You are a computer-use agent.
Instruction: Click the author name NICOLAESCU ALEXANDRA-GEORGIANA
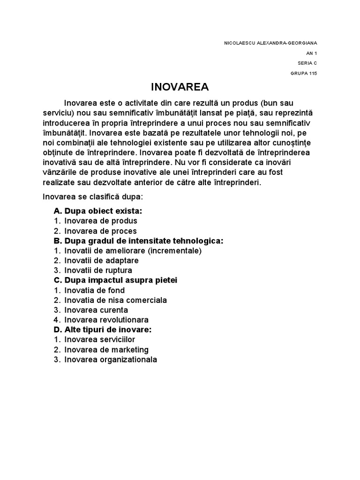tap(270, 43)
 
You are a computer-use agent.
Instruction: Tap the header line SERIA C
tap(307, 63)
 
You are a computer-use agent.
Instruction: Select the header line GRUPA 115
tap(304, 73)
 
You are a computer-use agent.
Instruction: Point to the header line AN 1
tap(312, 53)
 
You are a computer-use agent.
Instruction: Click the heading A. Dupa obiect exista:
tap(98, 211)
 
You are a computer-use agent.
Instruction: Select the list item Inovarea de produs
tap(101, 221)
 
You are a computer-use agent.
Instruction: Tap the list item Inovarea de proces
tap(101, 231)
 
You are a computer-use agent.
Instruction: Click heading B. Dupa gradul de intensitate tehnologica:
tap(139, 240)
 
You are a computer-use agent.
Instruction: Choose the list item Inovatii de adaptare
tap(102, 261)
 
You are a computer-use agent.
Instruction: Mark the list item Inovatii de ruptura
tap(98, 270)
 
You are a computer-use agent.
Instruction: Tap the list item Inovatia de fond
tap(95, 291)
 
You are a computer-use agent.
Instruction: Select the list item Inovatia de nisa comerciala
tap(116, 300)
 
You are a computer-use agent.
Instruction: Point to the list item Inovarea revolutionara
tap(107, 320)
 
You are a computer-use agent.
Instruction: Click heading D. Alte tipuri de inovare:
tap(103, 330)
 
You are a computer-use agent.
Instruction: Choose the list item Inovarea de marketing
tap(107, 350)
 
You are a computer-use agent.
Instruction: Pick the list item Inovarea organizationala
tap(111, 360)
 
